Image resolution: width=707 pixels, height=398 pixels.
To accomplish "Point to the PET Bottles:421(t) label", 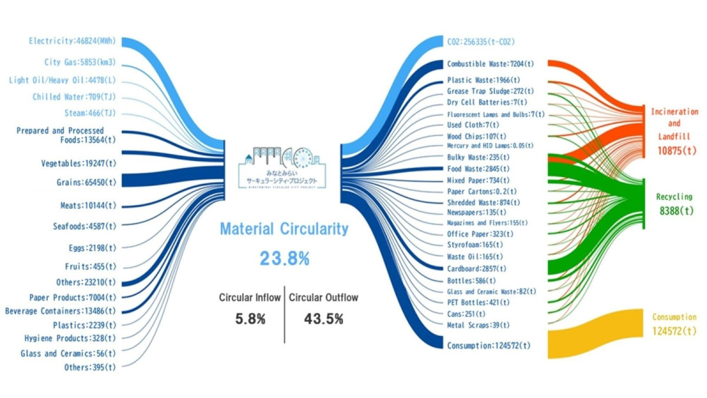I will [478, 302].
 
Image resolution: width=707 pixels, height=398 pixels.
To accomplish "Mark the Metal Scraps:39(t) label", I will [478, 325].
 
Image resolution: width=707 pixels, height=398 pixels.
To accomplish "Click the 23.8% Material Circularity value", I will [284, 258].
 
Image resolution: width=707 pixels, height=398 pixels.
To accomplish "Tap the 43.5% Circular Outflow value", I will [323, 319].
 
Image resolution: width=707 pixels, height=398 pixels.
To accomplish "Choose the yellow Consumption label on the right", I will [674, 317].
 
